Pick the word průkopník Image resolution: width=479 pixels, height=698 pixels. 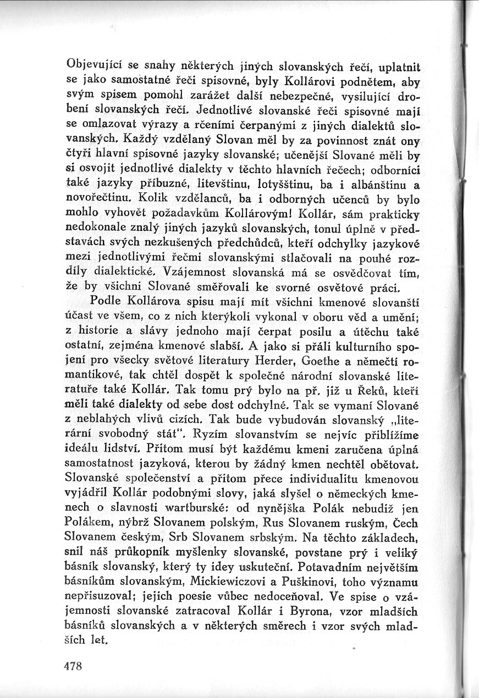(151, 558)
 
